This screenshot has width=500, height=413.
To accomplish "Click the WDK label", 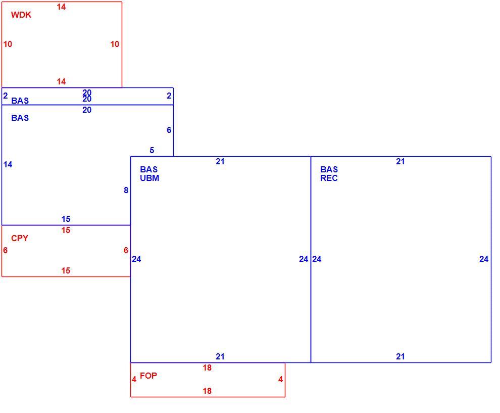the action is click(x=21, y=15).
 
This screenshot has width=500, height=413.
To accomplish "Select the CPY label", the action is click(x=20, y=238).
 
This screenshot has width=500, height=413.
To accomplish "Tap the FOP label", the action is click(x=148, y=376).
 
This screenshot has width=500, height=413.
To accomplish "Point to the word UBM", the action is click(x=149, y=178).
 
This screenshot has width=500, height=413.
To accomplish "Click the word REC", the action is click(x=329, y=178).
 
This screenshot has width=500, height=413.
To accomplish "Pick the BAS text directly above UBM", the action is click(x=148, y=169).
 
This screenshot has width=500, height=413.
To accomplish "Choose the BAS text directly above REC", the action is click(x=329, y=169).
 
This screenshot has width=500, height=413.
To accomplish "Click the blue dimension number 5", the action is click(x=152, y=150).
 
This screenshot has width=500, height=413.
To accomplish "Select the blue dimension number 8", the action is click(x=126, y=190).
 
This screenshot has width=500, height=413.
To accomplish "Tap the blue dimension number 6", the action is click(x=169, y=130).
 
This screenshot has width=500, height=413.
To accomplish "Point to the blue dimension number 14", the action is click(x=8, y=165).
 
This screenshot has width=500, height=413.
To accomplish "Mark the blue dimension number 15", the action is click(x=66, y=219).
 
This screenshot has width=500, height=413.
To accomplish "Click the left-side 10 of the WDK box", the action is click(x=8, y=44).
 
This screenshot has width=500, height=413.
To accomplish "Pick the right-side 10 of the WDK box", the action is click(x=115, y=44).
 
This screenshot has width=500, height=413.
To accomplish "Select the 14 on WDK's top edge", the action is click(x=61, y=7).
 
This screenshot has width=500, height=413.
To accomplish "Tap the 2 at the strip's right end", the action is click(x=169, y=96).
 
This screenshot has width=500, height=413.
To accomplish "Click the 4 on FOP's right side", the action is click(x=281, y=380).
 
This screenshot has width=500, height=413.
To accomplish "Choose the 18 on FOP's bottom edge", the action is click(x=207, y=391).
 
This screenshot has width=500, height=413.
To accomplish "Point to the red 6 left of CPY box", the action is click(x=5, y=251).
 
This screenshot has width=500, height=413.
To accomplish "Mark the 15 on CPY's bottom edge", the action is click(x=66, y=270).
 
